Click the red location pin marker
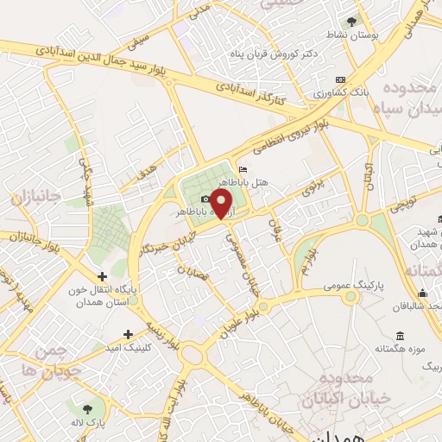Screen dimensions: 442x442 tap(223, 204)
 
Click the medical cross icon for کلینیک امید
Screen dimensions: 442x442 tap(129, 334)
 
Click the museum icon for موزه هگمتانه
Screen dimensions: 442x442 tap(399, 336)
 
